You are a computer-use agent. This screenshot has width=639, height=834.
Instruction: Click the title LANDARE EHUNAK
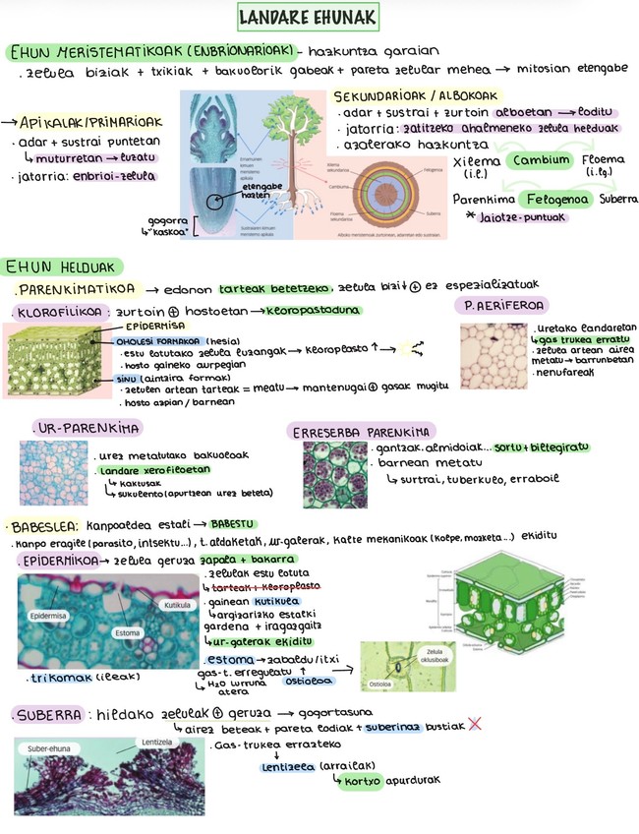tap(308, 19)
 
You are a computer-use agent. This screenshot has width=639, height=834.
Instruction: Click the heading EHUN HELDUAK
tap(61, 267)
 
